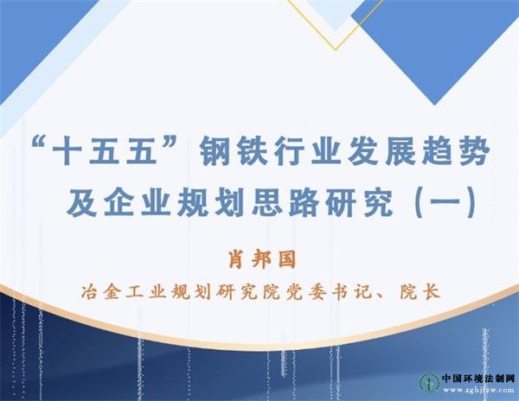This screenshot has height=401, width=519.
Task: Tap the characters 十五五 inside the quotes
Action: coord(106,153)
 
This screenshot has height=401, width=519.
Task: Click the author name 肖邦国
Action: coord(261,260)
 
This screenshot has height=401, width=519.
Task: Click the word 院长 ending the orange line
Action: coord(420,292)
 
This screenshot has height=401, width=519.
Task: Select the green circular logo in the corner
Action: coord(430,385)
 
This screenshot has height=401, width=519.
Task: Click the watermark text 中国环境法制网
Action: coord(478,379)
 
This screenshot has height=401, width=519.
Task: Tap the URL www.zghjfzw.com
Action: coord(478,390)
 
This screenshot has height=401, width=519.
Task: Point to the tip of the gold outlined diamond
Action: coord(336,50)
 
